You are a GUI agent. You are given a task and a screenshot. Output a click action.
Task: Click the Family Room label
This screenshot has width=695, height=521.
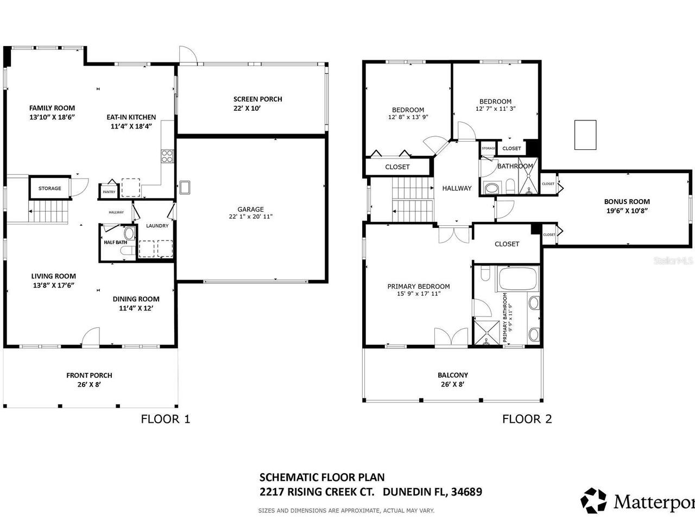pos(52,108)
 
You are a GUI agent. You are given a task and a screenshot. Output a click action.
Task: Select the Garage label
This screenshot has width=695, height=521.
pos(250,209)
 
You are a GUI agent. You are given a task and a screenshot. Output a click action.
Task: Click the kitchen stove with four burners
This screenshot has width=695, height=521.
pos(167,156)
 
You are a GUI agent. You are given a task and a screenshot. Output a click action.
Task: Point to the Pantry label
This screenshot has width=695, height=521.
pos(109,192)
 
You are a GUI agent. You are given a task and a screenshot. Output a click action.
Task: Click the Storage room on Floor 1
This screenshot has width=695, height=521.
pos(49,188)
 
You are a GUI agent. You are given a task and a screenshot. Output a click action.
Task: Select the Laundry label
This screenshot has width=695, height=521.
pos(157,226)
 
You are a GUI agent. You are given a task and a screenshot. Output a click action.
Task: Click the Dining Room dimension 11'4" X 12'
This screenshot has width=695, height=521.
pos(136,308)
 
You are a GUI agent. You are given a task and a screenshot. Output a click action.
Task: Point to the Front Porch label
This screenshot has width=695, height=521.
pos(89,375)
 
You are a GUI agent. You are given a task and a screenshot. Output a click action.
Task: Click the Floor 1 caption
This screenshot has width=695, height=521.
pos(166,419)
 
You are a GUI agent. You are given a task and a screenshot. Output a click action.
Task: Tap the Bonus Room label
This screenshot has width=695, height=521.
pos(627,201)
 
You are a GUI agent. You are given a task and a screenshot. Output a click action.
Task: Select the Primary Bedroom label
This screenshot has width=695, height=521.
pos(418,287)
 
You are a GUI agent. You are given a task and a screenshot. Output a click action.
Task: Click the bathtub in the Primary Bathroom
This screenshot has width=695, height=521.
pos(517,278)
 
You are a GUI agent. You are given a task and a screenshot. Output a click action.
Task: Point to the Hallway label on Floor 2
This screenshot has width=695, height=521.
pos(457,188)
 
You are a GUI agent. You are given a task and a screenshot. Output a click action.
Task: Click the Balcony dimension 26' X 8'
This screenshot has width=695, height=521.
pos(452,384)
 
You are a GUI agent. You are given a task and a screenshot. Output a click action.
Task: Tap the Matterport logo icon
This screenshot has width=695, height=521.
pos(593,500)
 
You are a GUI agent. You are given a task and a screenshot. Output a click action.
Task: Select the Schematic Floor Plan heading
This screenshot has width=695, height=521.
pos(322,478)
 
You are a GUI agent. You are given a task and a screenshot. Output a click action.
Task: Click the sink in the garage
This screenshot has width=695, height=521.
pos(185,187)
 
